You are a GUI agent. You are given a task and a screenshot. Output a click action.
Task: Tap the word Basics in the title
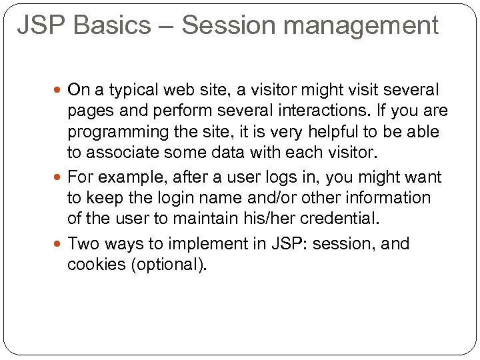click(113, 25)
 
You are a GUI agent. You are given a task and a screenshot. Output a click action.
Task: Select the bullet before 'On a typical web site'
click(61, 89)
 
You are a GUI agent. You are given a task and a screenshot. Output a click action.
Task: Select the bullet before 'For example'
click(61, 177)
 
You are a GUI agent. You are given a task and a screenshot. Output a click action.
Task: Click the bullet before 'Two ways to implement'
click(61, 244)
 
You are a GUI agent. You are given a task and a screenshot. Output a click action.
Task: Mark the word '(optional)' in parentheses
click(169, 265)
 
